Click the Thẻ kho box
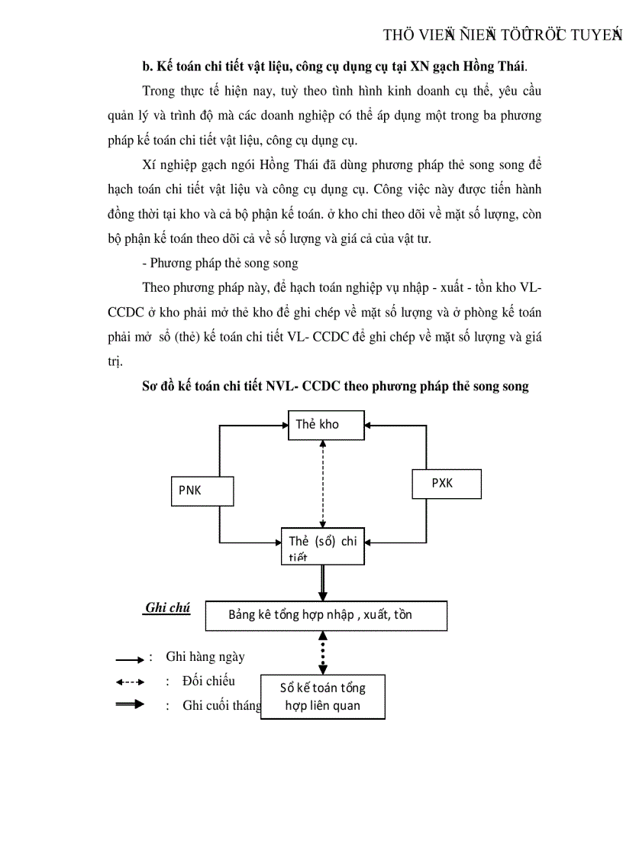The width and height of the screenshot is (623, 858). [x=326, y=424]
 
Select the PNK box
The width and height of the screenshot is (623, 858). [x=201, y=491]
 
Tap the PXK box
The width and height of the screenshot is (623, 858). [x=447, y=484]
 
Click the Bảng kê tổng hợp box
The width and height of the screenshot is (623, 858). [x=326, y=615]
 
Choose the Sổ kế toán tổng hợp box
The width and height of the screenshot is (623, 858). [x=323, y=696]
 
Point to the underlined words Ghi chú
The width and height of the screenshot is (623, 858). [x=167, y=608]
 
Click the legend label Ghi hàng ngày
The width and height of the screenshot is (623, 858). [x=205, y=656]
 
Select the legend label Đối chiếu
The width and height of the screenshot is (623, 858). [x=208, y=681]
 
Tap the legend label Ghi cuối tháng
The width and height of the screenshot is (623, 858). [x=221, y=705]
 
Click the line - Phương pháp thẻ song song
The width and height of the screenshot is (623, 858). [x=220, y=264]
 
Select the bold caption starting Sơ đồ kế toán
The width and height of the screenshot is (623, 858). [x=335, y=387]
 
